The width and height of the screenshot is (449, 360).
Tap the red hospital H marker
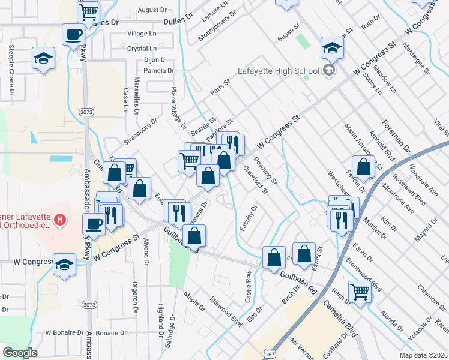coord(59,220)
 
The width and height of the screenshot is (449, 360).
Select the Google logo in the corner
coord(20,353)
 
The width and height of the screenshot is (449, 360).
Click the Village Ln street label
coord(142,34)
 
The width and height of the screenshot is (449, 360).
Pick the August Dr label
coord(152,10)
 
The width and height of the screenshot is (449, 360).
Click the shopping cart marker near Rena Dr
coord(360,292)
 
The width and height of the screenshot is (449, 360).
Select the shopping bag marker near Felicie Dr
coord(363,166)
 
